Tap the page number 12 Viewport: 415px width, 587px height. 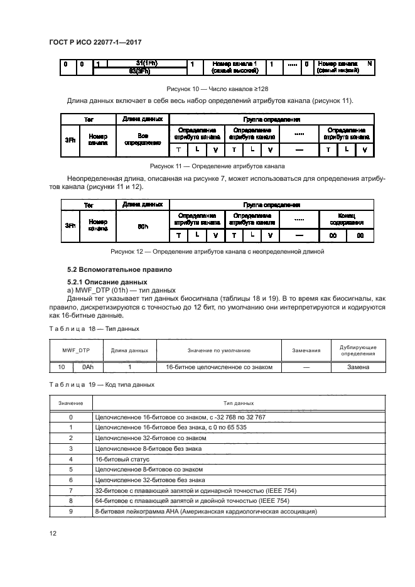tap(52, 532)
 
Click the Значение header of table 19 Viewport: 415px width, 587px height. tap(70, 403)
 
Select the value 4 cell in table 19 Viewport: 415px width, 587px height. tap(70, 460)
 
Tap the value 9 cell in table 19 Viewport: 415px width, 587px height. tap(70, 512)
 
